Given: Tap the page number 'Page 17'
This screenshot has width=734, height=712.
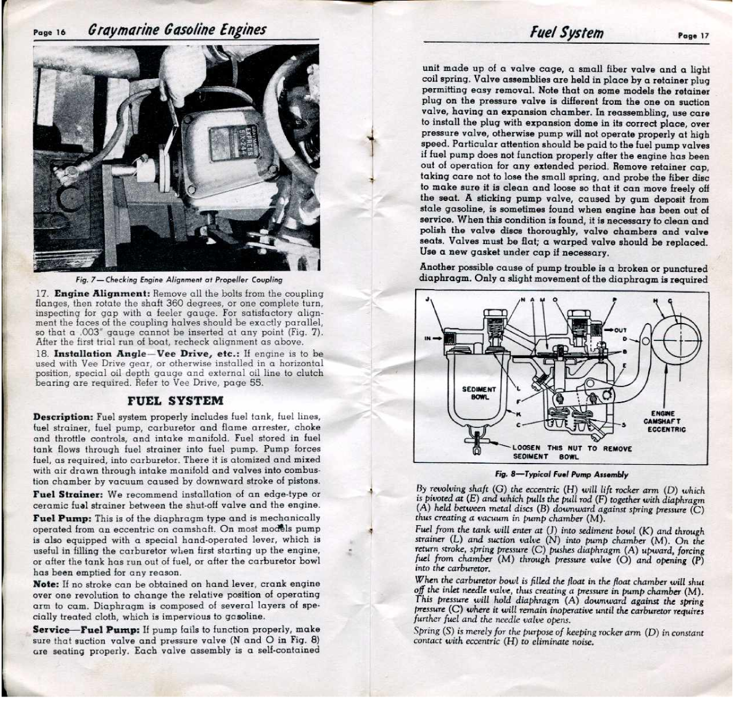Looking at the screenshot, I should tap(694, 36).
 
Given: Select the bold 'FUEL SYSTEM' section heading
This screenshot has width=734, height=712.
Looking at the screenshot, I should tap(175, 400).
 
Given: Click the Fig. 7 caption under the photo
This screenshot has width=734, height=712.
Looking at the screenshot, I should tap(179, 279).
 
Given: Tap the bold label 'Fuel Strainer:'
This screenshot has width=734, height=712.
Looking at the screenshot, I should tap(67, 494).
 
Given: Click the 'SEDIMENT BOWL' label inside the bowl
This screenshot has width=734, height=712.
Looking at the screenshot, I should tap(479, 393).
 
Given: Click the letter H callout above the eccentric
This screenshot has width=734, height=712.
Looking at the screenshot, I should tap(655, 300).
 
